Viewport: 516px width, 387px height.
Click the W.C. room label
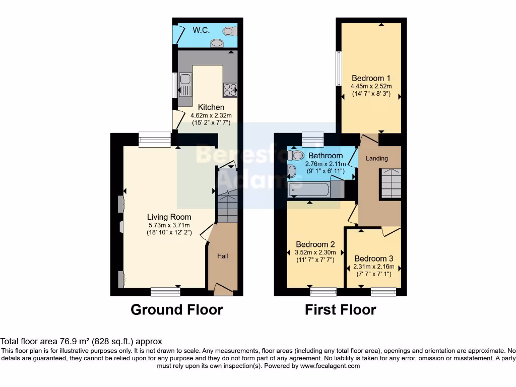[201, 30]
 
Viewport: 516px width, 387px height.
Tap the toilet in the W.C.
[229, 31]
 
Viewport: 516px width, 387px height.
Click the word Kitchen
[211, 107]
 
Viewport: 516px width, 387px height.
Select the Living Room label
[169, 217]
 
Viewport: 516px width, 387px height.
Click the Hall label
[222, 256]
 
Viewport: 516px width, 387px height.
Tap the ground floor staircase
[227, 205]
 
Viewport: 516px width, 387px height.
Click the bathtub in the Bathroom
[308, 190]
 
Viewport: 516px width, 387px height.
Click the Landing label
[376, 158]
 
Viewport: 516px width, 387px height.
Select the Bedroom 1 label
[371, 78]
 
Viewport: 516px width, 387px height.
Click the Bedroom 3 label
[374, 259]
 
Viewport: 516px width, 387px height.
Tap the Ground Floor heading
[176, 309]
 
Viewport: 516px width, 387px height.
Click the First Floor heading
[340, 309]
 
